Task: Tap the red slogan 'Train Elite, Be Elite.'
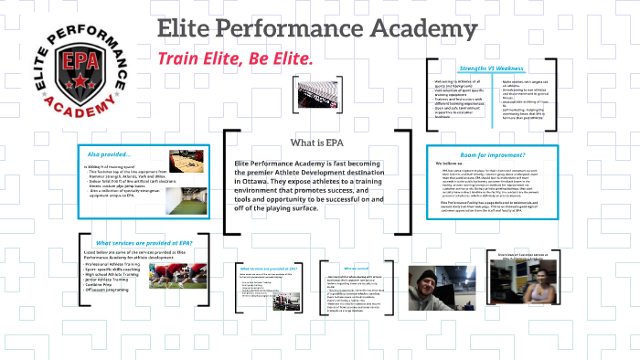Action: [236, 58]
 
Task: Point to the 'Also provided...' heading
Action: [108, 153]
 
